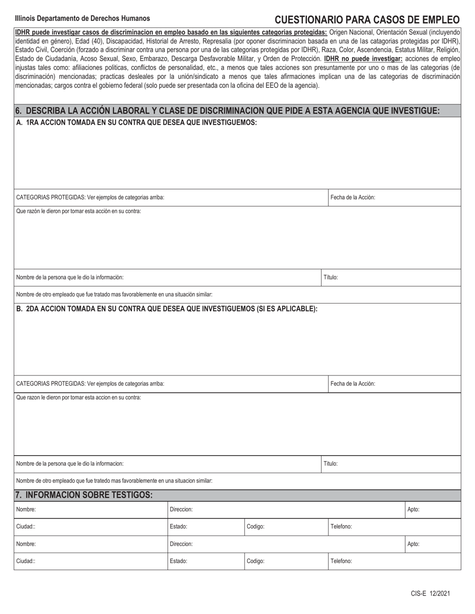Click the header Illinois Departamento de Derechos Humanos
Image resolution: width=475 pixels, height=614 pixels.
click(x=82, y=18)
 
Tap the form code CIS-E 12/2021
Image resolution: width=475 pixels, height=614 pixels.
click(x=430, y=594)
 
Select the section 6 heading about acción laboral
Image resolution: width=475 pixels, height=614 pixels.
click(x=227, y=111)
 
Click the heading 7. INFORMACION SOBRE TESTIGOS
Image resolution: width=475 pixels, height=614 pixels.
click(x=84, y=495)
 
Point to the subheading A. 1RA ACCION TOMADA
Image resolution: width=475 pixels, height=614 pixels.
click(x=136, y=122)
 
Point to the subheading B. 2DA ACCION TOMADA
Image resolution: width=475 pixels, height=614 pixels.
click(x=167, y=309)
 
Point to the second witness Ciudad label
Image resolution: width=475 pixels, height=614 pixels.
click(x=26, y=561)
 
